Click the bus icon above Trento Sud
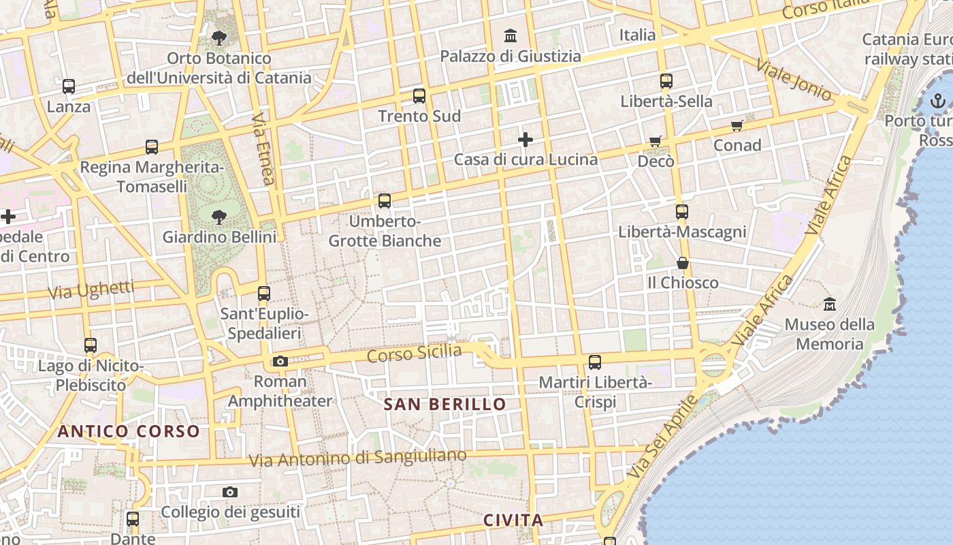pos(419,96)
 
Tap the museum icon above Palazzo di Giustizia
pos(511,35)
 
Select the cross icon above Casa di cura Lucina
pos(526,140)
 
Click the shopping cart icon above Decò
pos(655,141)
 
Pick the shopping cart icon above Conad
pos(737,125)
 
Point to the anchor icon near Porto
pos(938,102)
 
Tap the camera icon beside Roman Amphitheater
pos(280,361)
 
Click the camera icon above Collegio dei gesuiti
pos(230,492)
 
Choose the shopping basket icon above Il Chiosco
pos(682,263)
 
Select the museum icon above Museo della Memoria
pos(829,304)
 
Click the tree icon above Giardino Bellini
pos(219,217)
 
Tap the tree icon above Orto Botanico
pos(219,38)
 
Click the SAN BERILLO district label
pos(445,404)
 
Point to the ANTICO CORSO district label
pos(129,431)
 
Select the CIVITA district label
pos(513,520)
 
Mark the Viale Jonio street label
pos(794,80)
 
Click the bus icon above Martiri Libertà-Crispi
pos(595,362)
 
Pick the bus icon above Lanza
pos(69,87)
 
